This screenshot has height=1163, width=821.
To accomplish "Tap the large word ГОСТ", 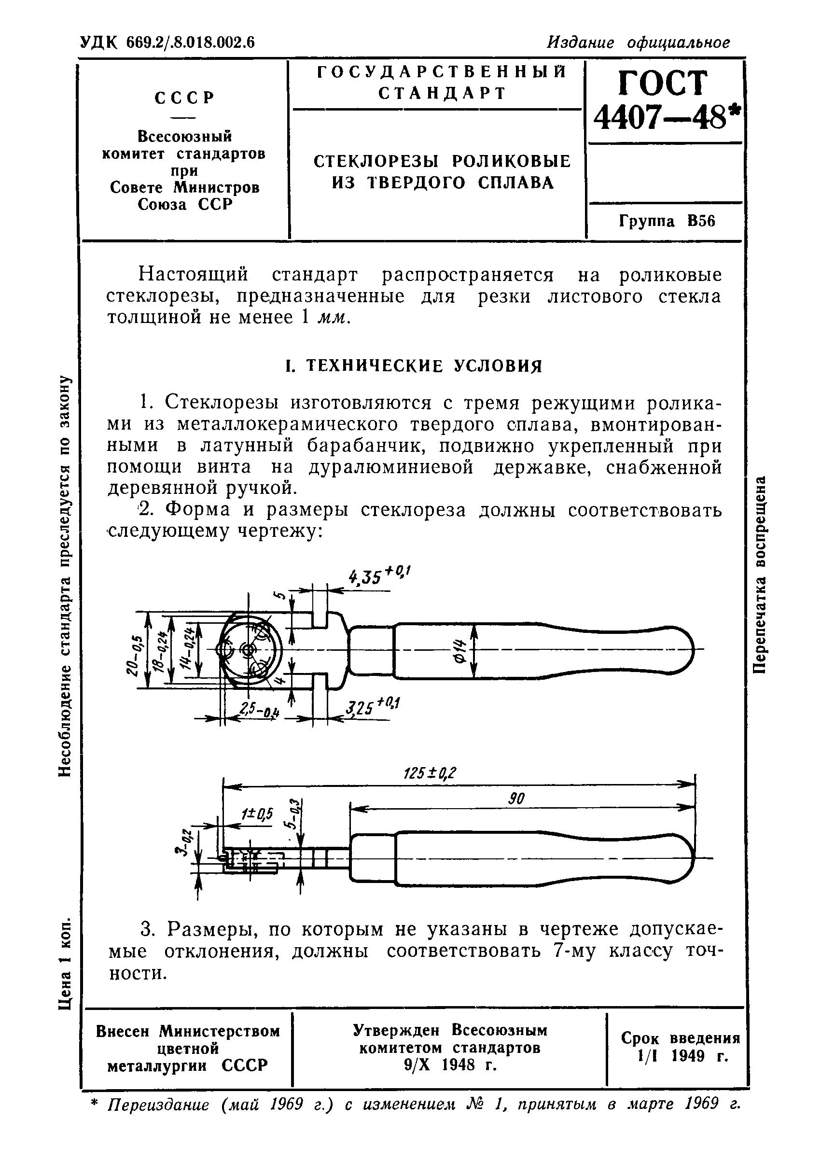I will click(x=663, y=82).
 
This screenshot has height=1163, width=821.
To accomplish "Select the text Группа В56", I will click(x=667, y=222).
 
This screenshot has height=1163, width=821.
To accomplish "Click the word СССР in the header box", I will click(x=185, y=97).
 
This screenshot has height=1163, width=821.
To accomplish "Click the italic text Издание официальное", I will click(x=639, y=42).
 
